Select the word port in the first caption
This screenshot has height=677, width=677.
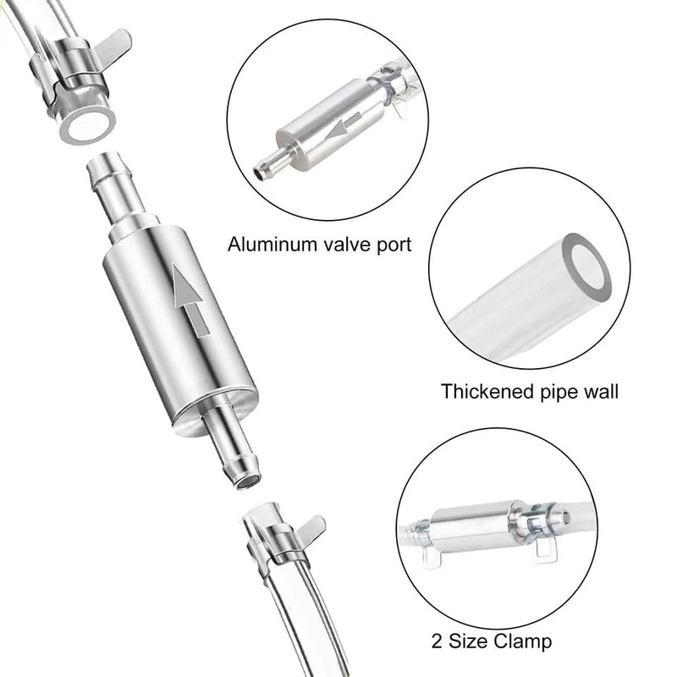tap(393, 246)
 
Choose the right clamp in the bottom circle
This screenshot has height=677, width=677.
tap(538, 530)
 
